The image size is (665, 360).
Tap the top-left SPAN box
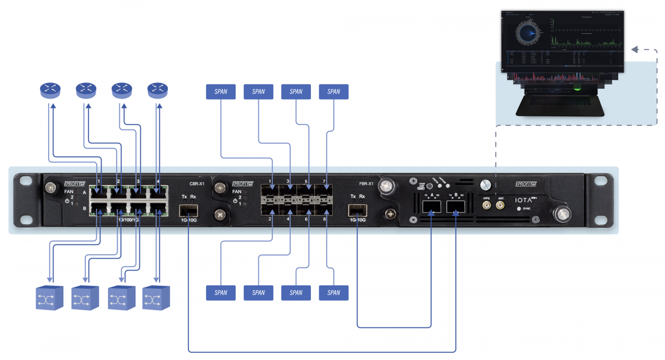(x=221, y=92)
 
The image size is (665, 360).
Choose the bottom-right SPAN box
(x=334, y=292)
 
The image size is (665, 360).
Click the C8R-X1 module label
(x=197, y=183)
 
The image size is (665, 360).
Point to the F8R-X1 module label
(x=368, y=183)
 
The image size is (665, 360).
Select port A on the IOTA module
(x=431, y=207)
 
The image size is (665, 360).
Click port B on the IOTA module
(x=456, y=207)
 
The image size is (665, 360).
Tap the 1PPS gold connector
(x=487, y=205)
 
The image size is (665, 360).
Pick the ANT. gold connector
(x=500, y=205)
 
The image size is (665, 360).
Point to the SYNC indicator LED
(x=519, y=209)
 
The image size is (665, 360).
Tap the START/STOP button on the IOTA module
(x=429, y=187)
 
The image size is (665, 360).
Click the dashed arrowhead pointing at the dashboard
(x=635, y=50)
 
